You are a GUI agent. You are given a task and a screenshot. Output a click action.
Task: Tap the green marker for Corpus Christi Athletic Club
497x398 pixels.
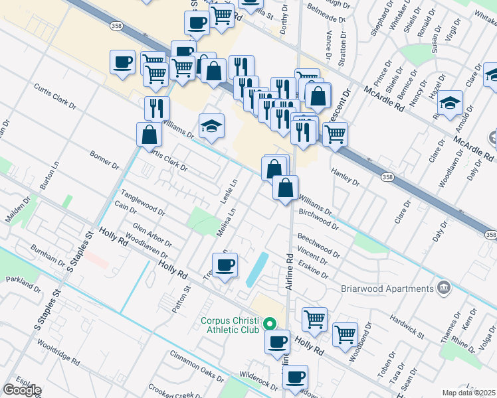pos(269,324)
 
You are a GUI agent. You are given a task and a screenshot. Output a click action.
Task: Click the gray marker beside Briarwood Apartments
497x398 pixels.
pos(443,288)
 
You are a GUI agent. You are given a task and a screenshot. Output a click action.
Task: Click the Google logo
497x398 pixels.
pos(21,390)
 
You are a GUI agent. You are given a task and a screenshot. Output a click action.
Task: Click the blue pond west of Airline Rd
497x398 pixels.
pos(257,269)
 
